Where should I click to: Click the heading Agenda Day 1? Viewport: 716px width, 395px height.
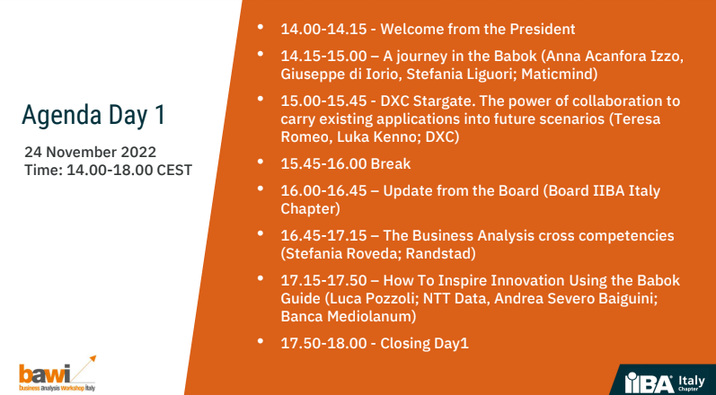[x=93, y=116]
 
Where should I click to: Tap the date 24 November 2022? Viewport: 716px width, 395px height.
[x=91, y=152]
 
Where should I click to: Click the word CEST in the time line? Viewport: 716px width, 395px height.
[x=174, y=171]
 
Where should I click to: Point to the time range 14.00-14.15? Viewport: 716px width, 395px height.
[x=323, y=30]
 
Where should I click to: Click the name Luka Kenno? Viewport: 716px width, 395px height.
[x=376, y=136]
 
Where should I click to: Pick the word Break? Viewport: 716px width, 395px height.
[x=391, y=163]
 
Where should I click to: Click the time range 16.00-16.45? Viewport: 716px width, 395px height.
[x=323, y=190]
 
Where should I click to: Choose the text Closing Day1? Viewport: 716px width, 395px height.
[x=425, y=344]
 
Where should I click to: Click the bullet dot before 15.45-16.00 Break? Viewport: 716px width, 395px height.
[x=261, y=161]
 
